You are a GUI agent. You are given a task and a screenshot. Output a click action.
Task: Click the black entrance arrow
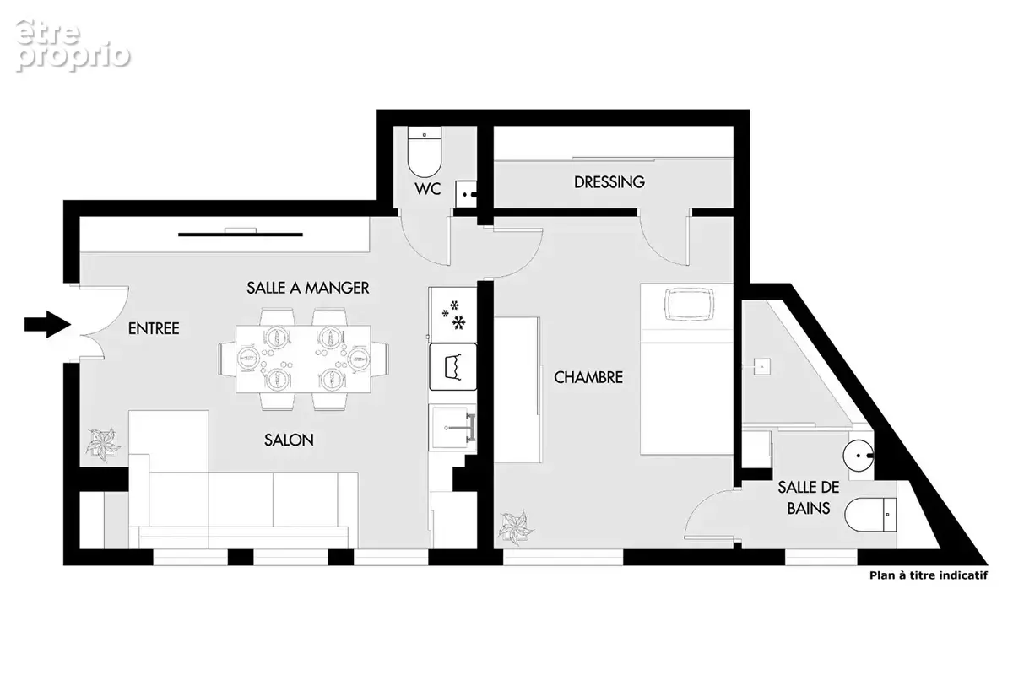pos(47,324)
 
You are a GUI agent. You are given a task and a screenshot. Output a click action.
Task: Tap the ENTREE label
pos(154,329)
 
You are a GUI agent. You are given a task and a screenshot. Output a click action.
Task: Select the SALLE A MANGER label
pos(308,288)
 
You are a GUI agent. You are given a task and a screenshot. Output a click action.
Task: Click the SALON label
pos(289,440)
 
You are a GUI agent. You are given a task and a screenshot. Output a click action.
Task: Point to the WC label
pos(427,189)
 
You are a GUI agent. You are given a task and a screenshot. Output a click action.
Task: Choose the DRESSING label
pos(609,182)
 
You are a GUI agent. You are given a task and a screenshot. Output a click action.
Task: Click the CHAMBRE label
pos(588,377)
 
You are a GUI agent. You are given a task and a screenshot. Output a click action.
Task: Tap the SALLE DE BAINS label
pos(809,498)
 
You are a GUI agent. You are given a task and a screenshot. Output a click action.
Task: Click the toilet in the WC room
pos(424,152)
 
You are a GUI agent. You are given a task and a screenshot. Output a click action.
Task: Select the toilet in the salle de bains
pos(870,515)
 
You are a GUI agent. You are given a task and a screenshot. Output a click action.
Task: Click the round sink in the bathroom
pos(859,456)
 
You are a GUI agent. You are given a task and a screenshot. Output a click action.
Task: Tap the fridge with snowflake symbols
pos(452,315)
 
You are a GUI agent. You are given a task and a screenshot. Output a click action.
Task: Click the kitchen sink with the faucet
pos(452,427)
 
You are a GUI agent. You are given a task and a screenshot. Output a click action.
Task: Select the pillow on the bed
pos(689,305)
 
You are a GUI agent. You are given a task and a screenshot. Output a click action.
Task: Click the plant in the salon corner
pos(104,443)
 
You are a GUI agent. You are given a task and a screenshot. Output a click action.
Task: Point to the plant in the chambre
pos(516,527)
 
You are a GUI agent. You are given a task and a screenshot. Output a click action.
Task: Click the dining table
pos(303,359)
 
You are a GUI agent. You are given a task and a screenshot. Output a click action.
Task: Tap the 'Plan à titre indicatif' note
pos(929,575)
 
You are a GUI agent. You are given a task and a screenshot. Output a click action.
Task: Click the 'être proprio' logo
pos(73,46)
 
